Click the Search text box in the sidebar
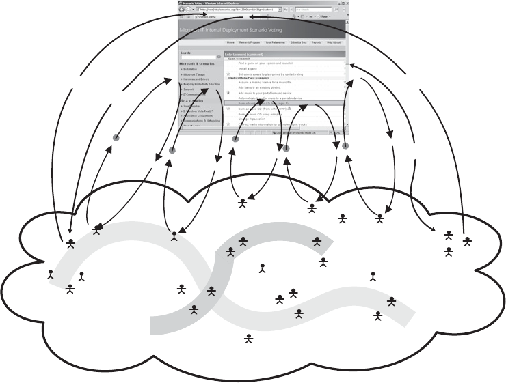pos(196,57)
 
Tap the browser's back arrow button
pos(180,10)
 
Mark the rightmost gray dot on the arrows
pos(346,146)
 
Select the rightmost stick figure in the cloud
pos(468,240)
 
